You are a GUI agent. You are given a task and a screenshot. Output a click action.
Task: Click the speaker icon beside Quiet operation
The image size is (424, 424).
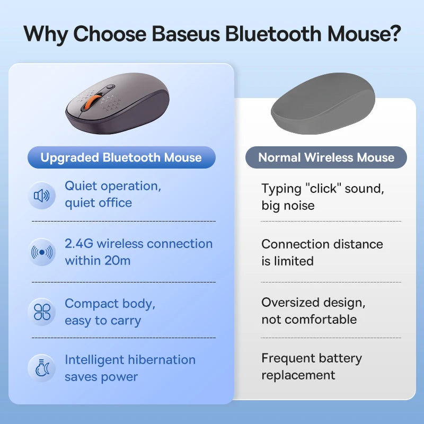pos(41,196)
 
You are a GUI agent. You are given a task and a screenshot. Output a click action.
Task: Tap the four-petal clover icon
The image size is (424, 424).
pos(41,312)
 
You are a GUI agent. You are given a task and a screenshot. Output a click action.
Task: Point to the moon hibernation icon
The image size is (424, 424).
pos(41,368)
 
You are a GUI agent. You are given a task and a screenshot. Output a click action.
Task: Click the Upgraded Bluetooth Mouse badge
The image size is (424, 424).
pos(121,157)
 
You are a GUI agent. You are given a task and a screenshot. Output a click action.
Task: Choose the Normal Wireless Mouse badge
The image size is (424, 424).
pos(326,157)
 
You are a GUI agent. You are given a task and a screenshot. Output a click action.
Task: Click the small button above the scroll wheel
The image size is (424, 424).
pos(109,87)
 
